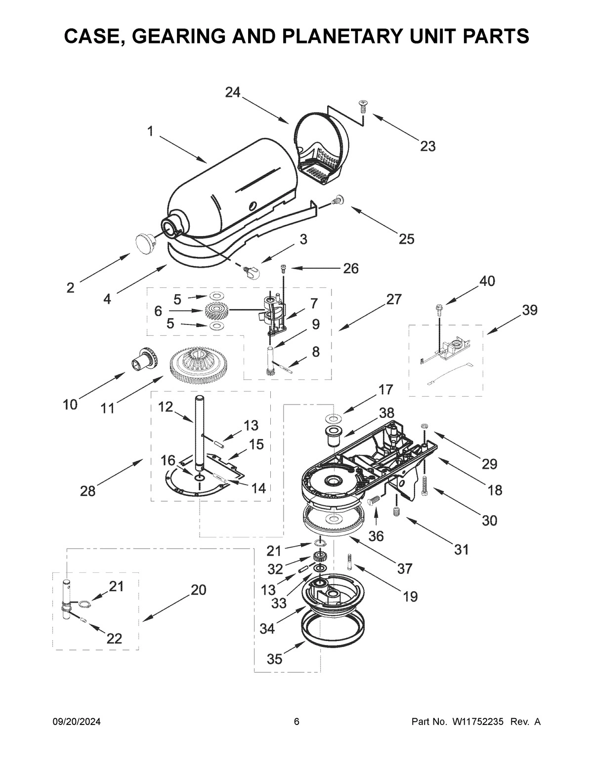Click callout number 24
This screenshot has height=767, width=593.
coord(233,92)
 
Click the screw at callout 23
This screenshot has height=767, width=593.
coord(363,105)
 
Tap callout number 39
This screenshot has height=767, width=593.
coord(529,310)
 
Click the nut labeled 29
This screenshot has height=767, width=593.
coord(424,426)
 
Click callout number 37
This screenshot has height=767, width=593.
coord(405,569)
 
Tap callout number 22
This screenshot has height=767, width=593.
coord(114,639)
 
